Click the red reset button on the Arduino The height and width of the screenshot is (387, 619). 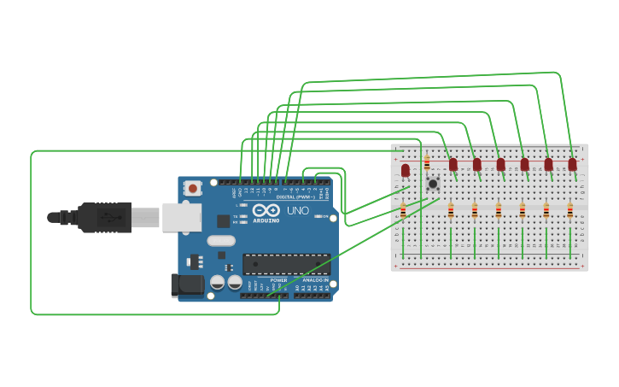click(194, 188)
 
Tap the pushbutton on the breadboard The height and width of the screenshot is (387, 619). click(433, 183)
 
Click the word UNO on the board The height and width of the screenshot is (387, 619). click(298, 210)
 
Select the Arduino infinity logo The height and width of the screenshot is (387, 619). click(266, 210)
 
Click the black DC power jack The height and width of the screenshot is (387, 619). click(187, 284)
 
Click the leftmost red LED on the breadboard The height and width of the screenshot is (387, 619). click(406, 171)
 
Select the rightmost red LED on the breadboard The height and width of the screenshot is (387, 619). click(572, 164)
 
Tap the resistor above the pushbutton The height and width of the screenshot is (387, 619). click(427, 162)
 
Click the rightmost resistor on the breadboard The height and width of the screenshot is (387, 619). click(570, 210)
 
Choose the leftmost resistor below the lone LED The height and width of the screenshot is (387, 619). click(403, 210)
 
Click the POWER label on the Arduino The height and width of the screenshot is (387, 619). click(278, 280)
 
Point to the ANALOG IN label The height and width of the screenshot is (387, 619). click(314, 280)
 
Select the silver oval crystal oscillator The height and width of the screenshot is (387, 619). click(220, 240)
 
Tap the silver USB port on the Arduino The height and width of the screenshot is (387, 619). click(181, 218)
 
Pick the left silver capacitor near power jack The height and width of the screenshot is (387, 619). click(218, 281)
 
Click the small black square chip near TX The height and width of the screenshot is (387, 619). click(223, 220)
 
